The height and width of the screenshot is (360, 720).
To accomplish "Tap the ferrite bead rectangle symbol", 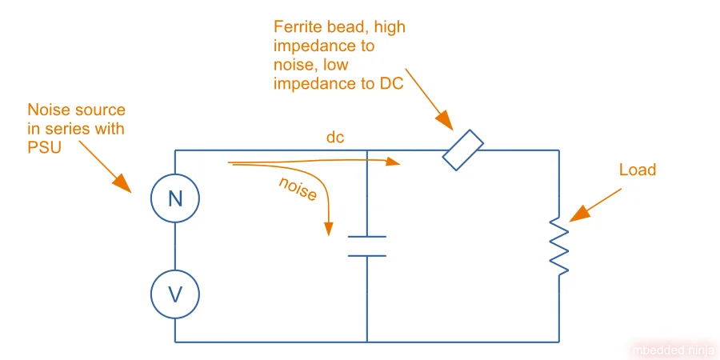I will tap(463, 151).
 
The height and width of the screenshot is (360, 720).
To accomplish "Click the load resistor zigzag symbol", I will tap(559, 246).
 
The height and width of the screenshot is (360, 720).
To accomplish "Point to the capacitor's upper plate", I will tap(367, 237).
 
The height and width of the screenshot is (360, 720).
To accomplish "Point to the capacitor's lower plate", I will tap(367, 255).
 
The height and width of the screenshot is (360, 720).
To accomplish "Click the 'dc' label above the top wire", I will tap(335, 138).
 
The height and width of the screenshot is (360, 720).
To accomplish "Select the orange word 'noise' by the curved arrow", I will tap(298, 189).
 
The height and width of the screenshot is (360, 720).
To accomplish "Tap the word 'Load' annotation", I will tap(638, 170).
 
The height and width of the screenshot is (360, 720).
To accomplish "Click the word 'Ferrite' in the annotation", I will tap(297, 27).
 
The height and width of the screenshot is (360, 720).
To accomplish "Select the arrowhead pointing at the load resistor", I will tap(578, 214).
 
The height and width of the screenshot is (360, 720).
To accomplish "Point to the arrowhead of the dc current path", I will tap(394, 162).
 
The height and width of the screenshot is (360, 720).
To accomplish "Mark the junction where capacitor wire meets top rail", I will tap(367, 150).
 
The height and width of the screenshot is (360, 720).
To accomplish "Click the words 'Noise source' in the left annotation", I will tap(77, 110).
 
